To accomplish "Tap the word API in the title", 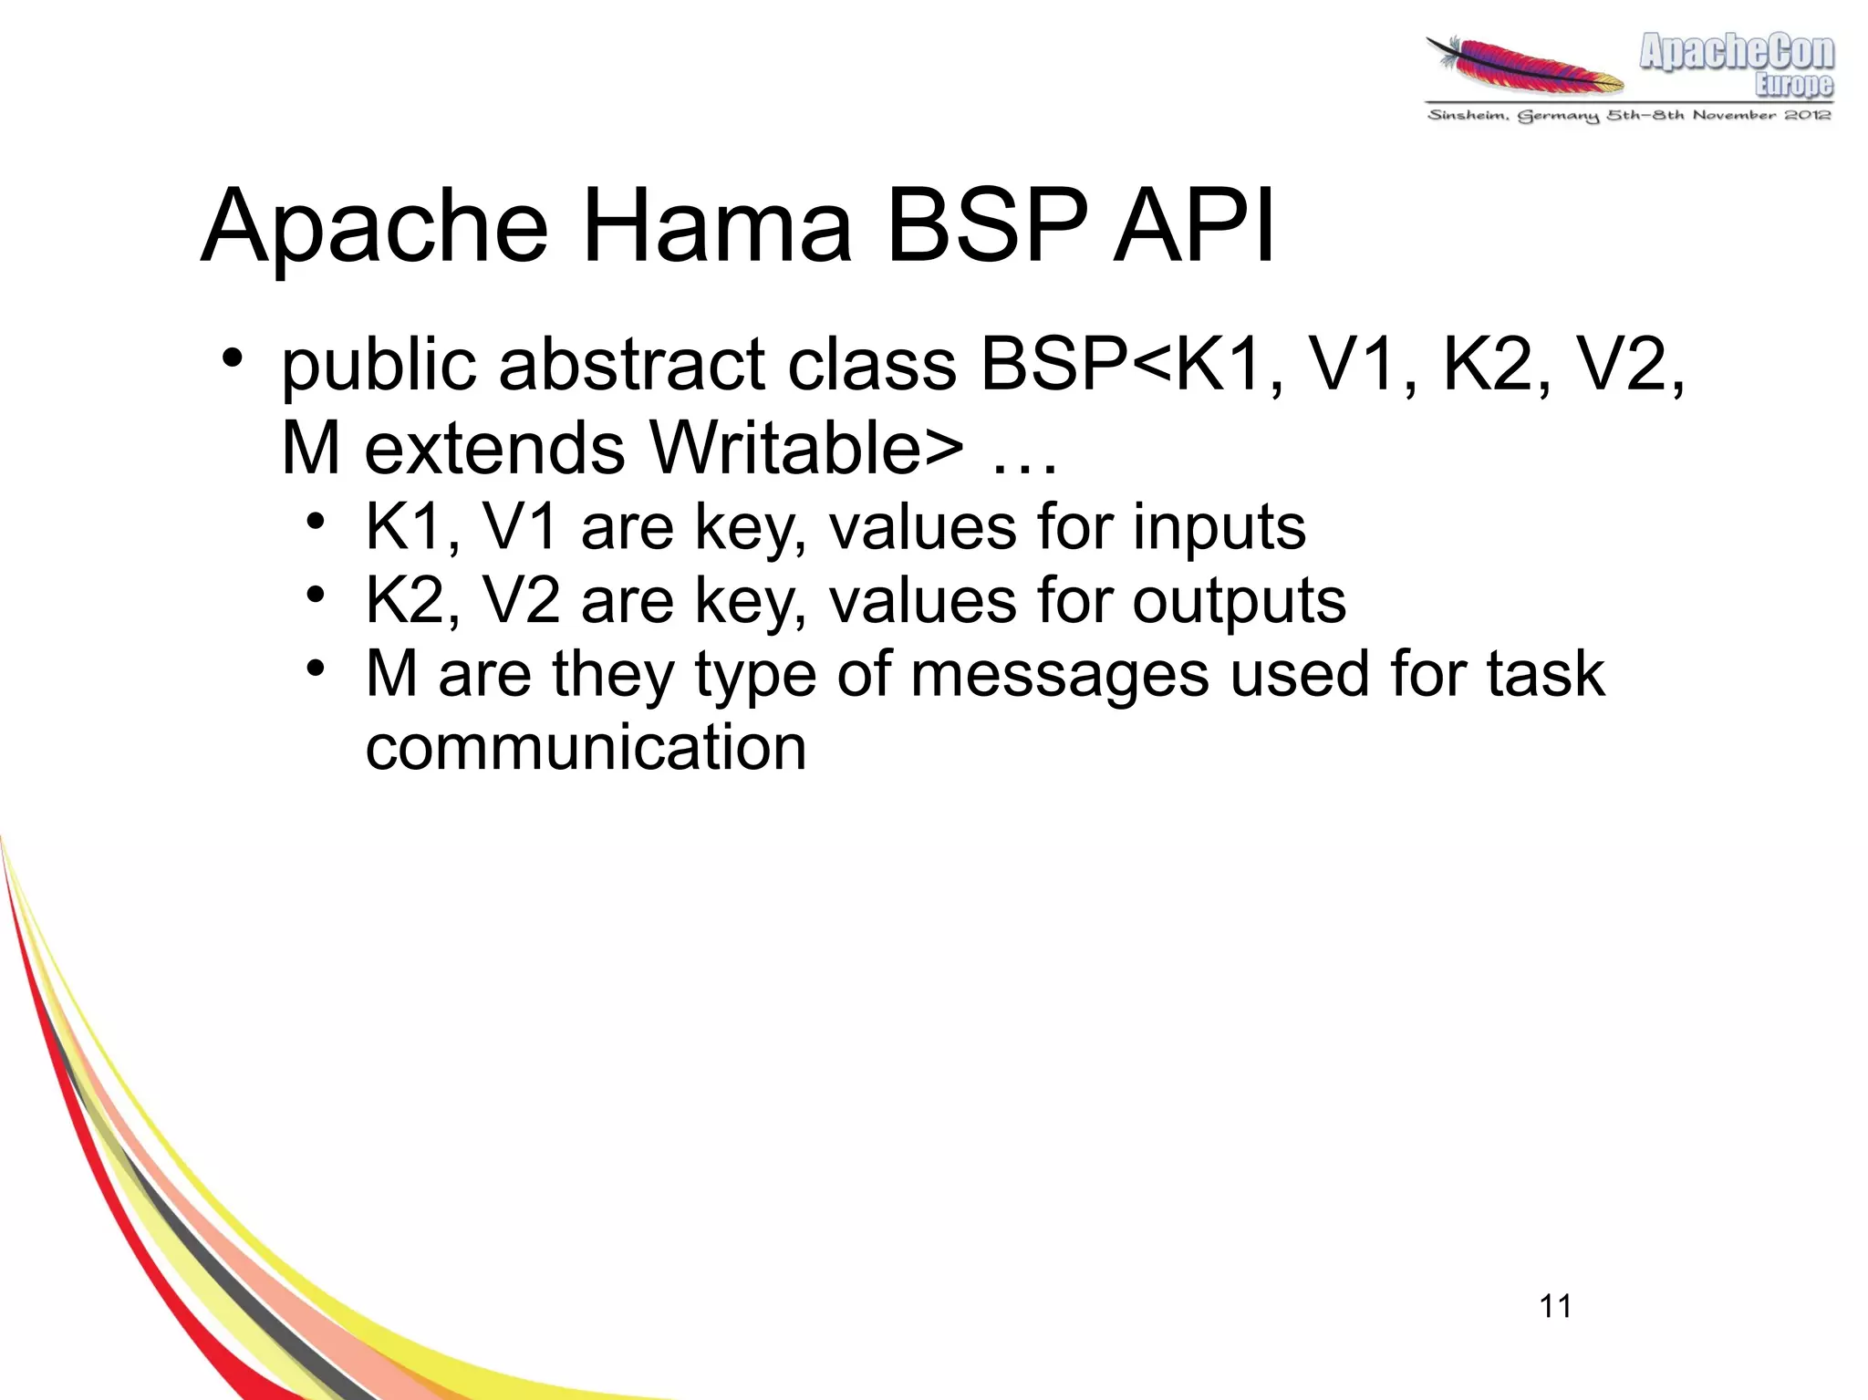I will coord(1193,226).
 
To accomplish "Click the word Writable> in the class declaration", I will coord(806,448).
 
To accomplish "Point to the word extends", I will coord(494,448).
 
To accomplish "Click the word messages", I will coord(1061,675).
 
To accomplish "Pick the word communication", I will coord(586,748).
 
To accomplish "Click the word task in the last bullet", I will coord(1545,675).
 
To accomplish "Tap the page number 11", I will coord(1555,1306).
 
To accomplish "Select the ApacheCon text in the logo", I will coord(1736,51).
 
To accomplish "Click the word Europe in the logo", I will coord(1793,85).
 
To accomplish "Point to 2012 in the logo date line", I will coord(1807,115).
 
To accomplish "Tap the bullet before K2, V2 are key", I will coord(315,596).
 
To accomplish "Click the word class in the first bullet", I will coord(871,365).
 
